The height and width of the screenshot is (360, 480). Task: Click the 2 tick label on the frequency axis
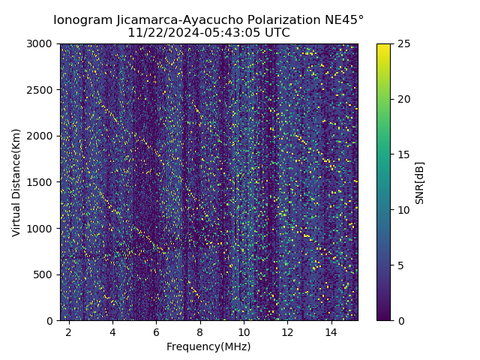coord(69,331)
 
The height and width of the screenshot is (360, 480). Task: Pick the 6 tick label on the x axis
coord(156,331)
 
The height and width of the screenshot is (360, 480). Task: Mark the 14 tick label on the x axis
coord(331,331)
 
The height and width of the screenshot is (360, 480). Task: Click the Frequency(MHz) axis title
coord(208,346)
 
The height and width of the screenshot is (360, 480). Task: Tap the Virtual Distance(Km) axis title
coord(16,182)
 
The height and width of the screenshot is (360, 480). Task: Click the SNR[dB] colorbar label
coord(419,182)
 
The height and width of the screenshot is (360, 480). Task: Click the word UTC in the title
coord(276,33)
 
